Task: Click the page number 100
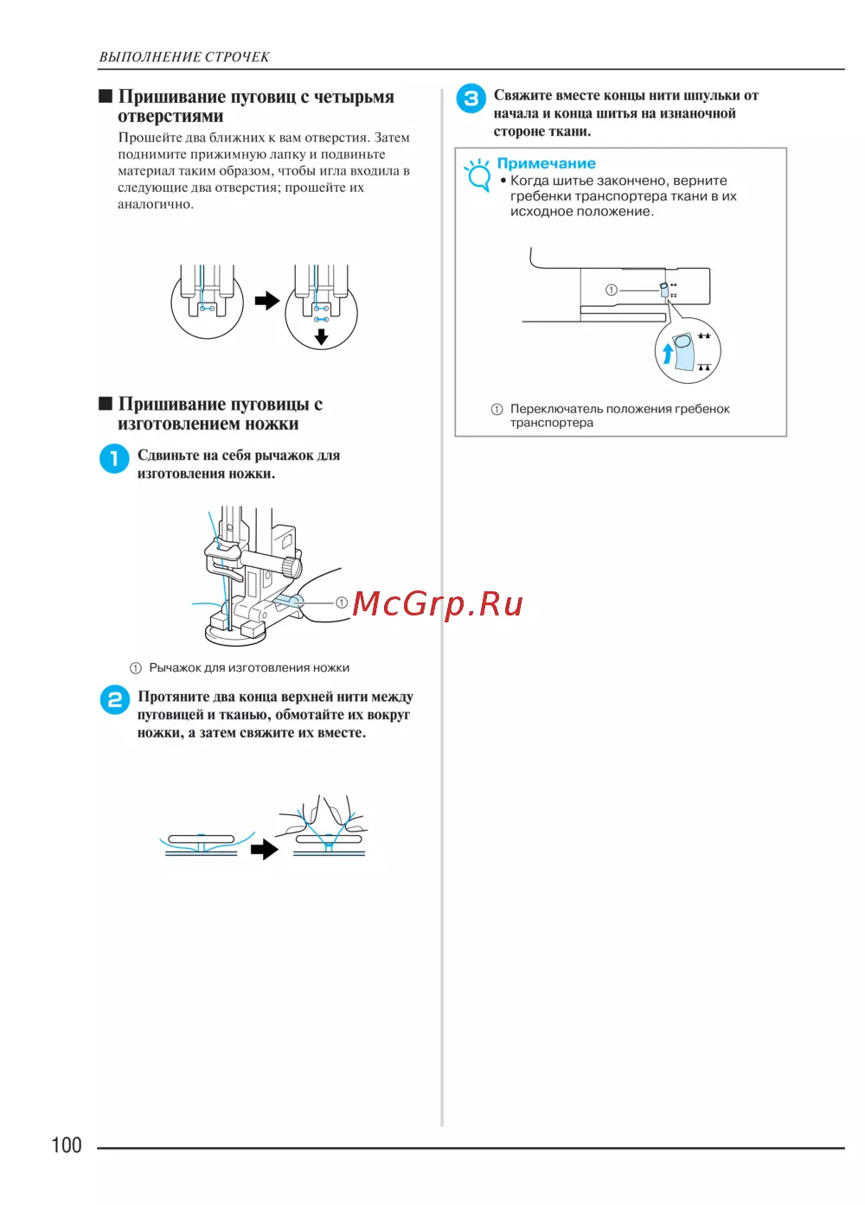[67, 1145]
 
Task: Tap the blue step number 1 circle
[114, 458]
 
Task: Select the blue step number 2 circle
[115, 699]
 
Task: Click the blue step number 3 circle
[471, 99]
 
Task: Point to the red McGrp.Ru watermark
[438, 603]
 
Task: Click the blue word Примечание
[546, 163]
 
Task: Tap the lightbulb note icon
[477, 174]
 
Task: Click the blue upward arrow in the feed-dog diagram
[668, 354]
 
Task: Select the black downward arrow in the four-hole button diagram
[322, 336]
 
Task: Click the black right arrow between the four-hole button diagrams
[266, 301]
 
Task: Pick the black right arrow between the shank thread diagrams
[264, 850]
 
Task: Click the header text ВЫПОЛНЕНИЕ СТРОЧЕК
[184, 57]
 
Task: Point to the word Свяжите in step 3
[522, 96]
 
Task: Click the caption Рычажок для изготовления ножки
[249, 668]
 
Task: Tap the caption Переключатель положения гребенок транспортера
[619, 415]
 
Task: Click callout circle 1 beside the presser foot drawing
[342, 602]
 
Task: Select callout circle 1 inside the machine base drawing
[612, 290]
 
